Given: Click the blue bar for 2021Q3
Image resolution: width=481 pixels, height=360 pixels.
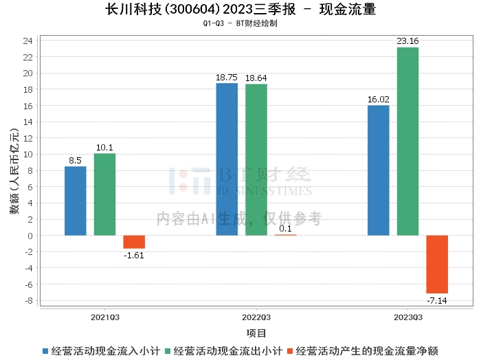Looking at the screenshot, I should (76, 201).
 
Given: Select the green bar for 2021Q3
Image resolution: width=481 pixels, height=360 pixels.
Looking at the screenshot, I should (104, 194).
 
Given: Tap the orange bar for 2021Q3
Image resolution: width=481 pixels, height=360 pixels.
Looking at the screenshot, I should (134, 242).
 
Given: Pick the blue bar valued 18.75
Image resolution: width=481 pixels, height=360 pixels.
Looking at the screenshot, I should (227, 159).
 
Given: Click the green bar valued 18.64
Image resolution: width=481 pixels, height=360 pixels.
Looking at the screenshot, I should (256, 160).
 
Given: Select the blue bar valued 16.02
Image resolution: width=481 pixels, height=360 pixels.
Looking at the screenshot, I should (379, 170).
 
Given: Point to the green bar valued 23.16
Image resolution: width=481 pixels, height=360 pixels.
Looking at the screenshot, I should (407, 142).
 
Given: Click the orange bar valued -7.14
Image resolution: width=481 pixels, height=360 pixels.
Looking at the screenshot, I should (437, 265).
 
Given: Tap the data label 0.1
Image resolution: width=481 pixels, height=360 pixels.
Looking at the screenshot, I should (286, 229).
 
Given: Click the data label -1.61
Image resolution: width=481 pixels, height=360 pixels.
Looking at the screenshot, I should (134, 255).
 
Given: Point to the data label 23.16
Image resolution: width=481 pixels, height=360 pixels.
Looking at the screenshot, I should (407, 41).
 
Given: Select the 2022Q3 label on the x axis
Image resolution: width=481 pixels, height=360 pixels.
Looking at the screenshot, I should (256, 318).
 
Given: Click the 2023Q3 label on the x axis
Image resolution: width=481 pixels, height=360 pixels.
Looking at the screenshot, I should (407, 318).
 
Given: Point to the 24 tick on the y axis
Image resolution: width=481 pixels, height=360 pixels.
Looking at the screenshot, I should (28, 41).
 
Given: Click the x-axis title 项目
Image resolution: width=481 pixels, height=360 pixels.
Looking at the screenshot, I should (256, 333).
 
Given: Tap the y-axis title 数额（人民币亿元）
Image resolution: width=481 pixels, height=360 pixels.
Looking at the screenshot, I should (14, 172).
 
